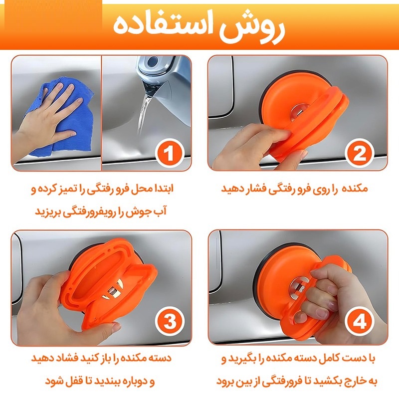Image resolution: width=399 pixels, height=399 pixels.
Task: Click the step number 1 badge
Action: coord(169,153)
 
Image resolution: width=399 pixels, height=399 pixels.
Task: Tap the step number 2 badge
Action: coord(359,153)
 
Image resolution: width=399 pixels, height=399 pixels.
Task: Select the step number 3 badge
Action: coord(170,321)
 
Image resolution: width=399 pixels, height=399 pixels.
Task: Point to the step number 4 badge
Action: coord(359,321)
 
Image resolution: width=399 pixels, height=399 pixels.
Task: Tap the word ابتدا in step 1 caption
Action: coord(162,189)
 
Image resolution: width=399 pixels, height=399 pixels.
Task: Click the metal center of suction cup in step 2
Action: coord(300,111)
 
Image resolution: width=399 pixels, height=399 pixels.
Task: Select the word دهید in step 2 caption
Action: coord(230,189)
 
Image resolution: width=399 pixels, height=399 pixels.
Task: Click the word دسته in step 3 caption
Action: coord(160,358)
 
